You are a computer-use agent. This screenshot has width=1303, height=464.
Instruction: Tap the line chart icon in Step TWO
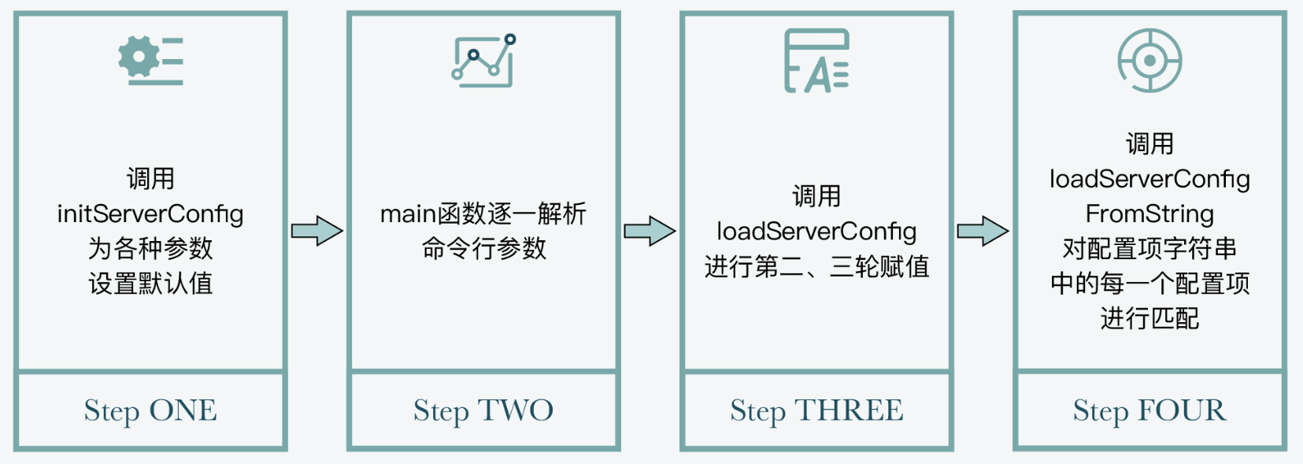pyautogui.click(x=483, y=60)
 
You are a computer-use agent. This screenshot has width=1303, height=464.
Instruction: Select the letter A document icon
pyautogui.click(x=816, y=61)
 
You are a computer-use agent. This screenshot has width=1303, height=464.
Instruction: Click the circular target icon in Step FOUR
pyautogui.click(x=1149, y=61)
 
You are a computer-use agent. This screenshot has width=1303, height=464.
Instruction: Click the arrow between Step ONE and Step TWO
pyautogui.click(x=316, y=231)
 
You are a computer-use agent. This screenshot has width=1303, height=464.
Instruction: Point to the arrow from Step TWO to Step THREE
pyautogui.click(x=650, y=231)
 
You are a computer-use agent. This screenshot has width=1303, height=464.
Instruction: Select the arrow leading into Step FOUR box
pyautogui.click(x=983, y=231)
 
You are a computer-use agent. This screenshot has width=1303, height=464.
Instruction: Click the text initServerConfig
pyautogui.click(x=150, y=213)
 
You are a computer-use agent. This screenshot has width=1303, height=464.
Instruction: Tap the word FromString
pyautogui.click(x=1149, y=213)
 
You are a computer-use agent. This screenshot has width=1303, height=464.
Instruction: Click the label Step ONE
pyautogui.click(x=150, y=410)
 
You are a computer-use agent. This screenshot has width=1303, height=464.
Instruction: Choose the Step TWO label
pyautogui.click(x=483, y=410)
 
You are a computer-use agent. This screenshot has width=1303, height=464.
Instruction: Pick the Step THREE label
pyautogui.click(x=816, y=410)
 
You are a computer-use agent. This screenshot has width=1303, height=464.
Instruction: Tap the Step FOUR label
pyautogui.click(x=1149, y=410)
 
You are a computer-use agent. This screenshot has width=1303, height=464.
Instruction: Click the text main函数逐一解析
pyautogui.click(x=483, y=213)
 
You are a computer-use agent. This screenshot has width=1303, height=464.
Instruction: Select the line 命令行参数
pyautogui.click(x=483, y=248)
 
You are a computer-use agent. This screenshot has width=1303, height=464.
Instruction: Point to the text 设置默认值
pyautogui.click(x=150, y=283)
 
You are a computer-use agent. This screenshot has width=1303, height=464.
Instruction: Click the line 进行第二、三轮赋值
pyautogui.click(x=816, y=266)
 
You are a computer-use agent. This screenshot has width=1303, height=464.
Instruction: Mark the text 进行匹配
pyautogui.click(x=1149, y=318)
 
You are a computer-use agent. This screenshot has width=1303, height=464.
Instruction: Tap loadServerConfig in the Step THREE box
pyautogui.click(x=816, y=231)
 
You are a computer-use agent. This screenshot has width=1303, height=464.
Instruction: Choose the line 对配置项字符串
pyautogui.click(x=1149, y=248)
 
